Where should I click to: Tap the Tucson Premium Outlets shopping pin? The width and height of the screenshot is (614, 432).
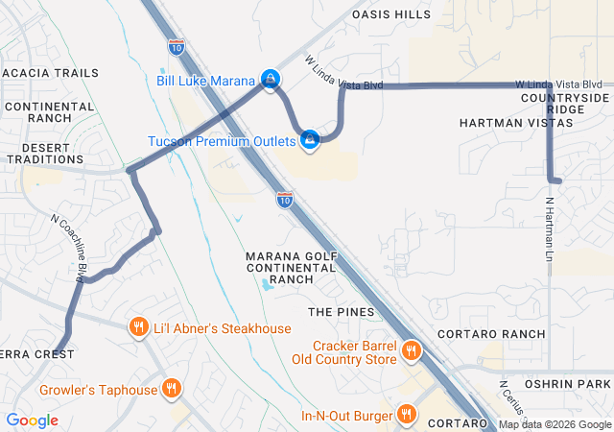pyautogui.click(x=310, y=142)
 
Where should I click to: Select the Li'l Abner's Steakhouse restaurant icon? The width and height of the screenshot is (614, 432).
pyautogui.click(x=139, y=328)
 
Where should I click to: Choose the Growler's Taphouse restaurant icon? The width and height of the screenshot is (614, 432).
pyautogui.click(x=172, y=390)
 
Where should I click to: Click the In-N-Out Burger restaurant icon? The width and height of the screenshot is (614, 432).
pyautogui.click(x=408, y=415)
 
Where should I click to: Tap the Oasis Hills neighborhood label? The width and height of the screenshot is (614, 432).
pyautogui.click(x=391, y=14)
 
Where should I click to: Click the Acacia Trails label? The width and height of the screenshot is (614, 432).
pyautogui.click(x=50, y=73)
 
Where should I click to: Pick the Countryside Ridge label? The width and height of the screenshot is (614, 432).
pyautogui.click(x=565, y=104)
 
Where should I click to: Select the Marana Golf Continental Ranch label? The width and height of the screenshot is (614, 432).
pyautogui.click(x=292, y=268)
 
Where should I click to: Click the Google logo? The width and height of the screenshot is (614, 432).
pyautogui.click(x=32, y=420)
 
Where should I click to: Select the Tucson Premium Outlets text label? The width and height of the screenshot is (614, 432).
pyautogui.click(x=223, y=141)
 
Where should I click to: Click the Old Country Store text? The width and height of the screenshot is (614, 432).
pyautogui.click(x=343, y=359)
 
